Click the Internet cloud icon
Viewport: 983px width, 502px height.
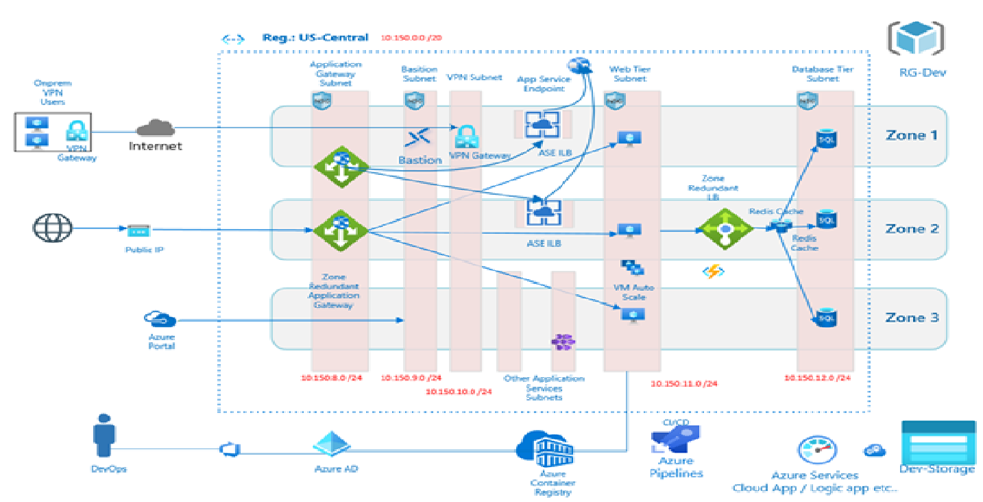(156, 128)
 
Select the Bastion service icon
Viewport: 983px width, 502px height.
(419, 138)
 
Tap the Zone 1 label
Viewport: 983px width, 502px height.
(911, 135)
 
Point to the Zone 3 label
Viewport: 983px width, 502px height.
(911, 318)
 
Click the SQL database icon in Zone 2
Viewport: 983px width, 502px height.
(825, 220)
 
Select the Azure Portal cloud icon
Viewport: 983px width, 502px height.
(160, 320)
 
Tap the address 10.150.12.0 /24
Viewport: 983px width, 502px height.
(818, 378)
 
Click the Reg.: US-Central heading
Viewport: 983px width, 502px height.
(315, 38)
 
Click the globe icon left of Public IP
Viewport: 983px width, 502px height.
(52, 228)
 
